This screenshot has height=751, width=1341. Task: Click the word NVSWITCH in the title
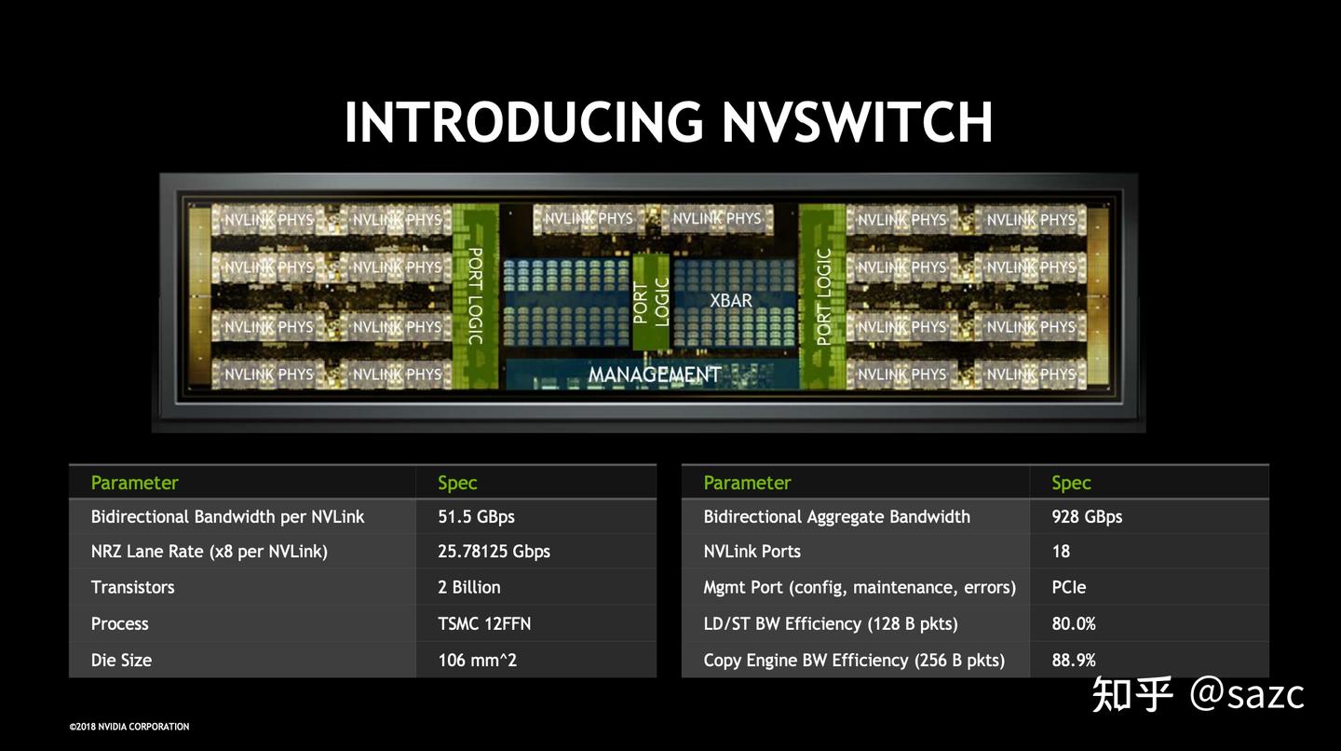click(x=857, y=122)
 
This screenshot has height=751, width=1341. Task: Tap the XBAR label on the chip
click(x=731, y=301)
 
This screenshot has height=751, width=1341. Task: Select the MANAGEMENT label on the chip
click(x=655, y=375)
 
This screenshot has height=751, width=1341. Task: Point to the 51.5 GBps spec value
click(x=476, y=517)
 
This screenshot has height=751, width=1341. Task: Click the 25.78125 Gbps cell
click(x=494, y=552)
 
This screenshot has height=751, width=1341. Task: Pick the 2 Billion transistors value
click(x=469, y=588)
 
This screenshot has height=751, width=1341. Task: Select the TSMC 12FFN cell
click(x=484, y=624)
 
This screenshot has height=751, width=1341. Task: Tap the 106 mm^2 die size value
click(x=477, y=661)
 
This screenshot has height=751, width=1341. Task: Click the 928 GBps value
click(x=1087, y=517)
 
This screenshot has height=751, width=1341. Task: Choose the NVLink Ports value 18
click(x=1061, y=552)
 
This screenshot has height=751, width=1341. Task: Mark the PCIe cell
click(x=1069, y=588)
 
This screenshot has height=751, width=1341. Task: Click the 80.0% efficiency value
click(x=1074, y=624)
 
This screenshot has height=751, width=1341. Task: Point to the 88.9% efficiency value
click(x=1074, y=661)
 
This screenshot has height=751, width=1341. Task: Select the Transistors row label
click(x=132, y=588)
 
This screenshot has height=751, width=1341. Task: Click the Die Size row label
click(x=121, y=661)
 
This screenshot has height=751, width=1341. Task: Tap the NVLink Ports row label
click(x=752, y=552)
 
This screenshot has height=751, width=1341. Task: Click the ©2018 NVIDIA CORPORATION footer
click(x=129, y=727)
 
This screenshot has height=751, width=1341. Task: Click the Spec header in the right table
click(x=1071, y=483)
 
